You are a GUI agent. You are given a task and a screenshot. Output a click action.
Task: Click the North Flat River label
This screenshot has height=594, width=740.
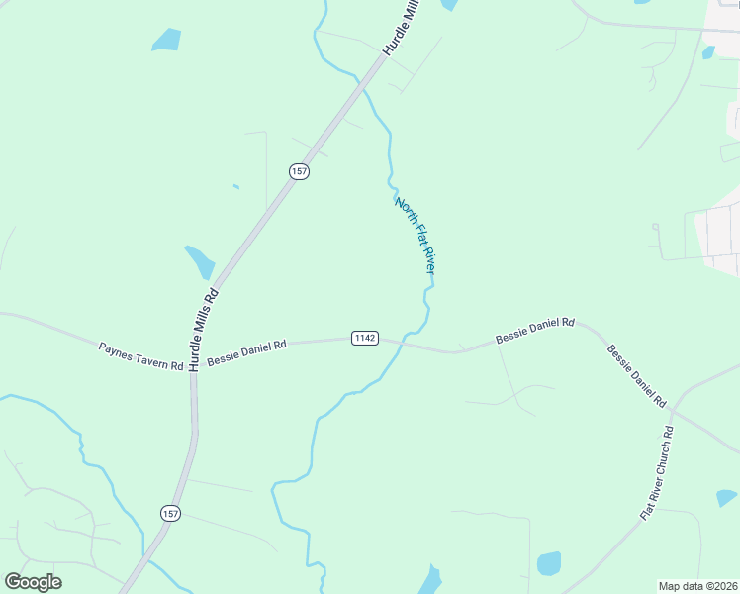point(416,236)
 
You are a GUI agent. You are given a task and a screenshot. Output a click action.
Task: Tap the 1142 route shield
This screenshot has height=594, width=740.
point(364,339)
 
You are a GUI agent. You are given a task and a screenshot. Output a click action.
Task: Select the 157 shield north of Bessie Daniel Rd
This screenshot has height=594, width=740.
point(300,171)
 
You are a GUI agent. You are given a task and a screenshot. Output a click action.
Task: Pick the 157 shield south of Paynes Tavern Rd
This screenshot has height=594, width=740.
point(170,512)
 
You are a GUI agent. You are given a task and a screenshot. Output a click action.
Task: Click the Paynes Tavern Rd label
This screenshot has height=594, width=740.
point(140,356)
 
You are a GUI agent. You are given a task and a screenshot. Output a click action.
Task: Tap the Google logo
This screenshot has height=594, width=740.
point(33,582)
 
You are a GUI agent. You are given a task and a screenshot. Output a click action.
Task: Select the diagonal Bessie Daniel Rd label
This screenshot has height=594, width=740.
point(636,376)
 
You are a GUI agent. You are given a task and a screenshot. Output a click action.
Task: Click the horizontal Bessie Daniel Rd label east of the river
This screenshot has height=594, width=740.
point(535,330)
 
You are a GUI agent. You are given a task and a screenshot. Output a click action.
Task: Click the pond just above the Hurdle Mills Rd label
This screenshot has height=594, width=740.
point(200,261)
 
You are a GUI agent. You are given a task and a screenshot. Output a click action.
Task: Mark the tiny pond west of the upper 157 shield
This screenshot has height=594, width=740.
point(235,186)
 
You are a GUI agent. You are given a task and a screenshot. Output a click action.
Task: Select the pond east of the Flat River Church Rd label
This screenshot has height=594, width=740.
point(727,497)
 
